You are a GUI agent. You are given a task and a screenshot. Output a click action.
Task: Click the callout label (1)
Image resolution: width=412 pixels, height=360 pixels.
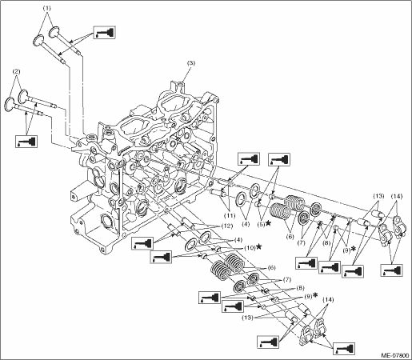[47, 8]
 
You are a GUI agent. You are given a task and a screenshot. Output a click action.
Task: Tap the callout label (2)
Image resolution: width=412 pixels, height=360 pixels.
[17, 71]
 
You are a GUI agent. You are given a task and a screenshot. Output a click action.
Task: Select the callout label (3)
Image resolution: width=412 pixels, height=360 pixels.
[191, 63]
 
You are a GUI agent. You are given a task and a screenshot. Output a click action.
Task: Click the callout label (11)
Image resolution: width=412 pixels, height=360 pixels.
[230, 215]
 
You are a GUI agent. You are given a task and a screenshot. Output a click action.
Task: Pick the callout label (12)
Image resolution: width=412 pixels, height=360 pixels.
[228, 226]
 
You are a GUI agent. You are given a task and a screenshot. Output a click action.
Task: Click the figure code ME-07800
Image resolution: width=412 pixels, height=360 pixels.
[395, 355]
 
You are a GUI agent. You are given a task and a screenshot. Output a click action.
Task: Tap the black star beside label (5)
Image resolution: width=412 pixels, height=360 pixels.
[268, 223]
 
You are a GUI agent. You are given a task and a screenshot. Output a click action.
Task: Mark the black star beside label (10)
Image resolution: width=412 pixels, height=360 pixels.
[258, 247]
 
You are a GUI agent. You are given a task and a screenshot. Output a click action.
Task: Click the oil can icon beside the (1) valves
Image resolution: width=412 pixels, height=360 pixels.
[104, 32]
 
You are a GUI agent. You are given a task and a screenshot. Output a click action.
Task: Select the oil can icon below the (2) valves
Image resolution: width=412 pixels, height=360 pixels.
[26, 141]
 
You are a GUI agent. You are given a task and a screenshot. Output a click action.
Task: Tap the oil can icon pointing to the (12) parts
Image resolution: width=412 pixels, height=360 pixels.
[142, 243]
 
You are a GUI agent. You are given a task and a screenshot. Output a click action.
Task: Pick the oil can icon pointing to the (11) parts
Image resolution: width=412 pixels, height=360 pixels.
[249, 159]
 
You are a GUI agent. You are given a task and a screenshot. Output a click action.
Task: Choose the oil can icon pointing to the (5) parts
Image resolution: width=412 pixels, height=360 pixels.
[279, 160]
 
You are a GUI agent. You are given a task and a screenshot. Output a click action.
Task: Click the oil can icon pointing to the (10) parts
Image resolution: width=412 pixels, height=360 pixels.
[161, 258]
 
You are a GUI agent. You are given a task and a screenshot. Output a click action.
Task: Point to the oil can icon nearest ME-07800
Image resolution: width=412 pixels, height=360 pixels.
[344, 348]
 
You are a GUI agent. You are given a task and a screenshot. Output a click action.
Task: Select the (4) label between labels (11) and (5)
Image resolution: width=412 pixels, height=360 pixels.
[246, 224]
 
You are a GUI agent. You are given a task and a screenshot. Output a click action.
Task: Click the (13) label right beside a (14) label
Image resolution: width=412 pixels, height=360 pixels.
[378, 196]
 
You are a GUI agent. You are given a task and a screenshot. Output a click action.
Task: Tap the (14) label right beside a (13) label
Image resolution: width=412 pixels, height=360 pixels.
[397, 196]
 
